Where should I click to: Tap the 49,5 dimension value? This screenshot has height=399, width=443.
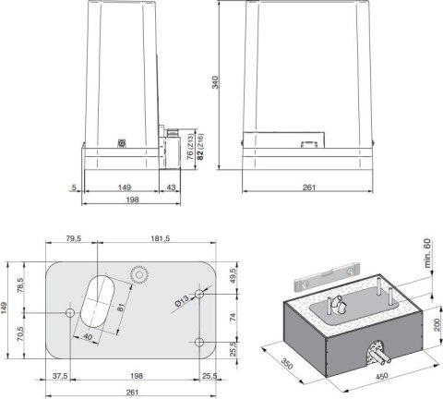pyautogui.click(x=233, y=276)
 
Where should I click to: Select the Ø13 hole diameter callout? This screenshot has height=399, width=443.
pyautogui.click(x=184, y=299)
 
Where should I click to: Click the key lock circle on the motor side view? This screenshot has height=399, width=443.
pyautogui.click(x=120, y=142)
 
